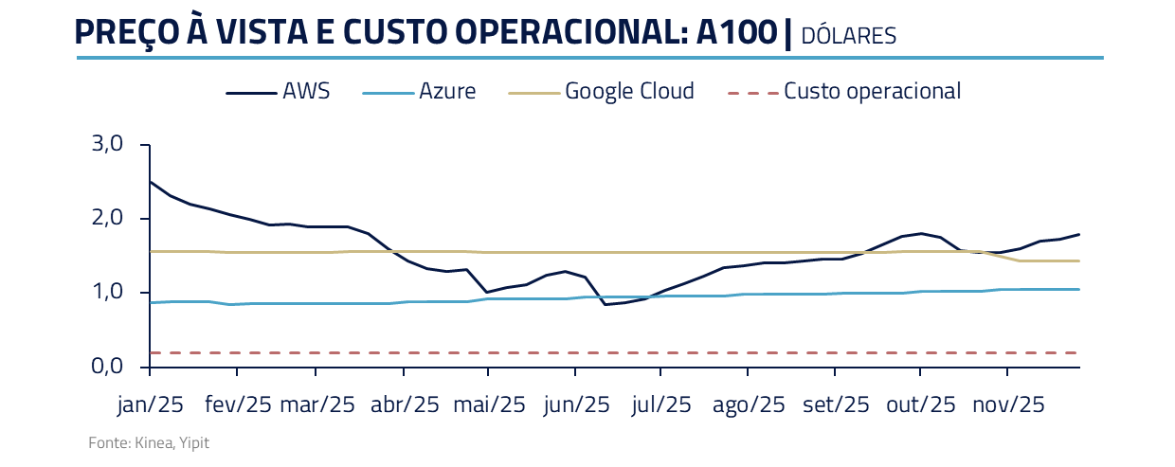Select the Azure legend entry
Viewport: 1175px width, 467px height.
tap(446, 92)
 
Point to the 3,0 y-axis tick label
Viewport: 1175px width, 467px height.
tap(107, 145)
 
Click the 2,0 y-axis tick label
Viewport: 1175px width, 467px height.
tap(107, 219)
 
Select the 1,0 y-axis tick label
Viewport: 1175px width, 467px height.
tap(107, 293)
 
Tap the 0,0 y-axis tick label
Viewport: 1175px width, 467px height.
tap(107, 367)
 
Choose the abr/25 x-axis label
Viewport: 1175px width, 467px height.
tap(405, 404)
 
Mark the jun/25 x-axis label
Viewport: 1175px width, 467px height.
tap(576, 404)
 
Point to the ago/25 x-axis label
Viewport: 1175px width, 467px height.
tap(749, 404)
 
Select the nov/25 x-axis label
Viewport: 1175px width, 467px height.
tap(1009, 404)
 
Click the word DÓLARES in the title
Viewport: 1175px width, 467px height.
tap(848, 36)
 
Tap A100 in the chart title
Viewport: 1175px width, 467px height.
tap(735, 32)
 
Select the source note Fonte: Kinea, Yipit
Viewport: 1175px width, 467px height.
tap(149, 443)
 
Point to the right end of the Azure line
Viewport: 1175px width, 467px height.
tap(1078, 289)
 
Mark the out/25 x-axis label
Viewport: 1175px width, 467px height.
tap(921, 404)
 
